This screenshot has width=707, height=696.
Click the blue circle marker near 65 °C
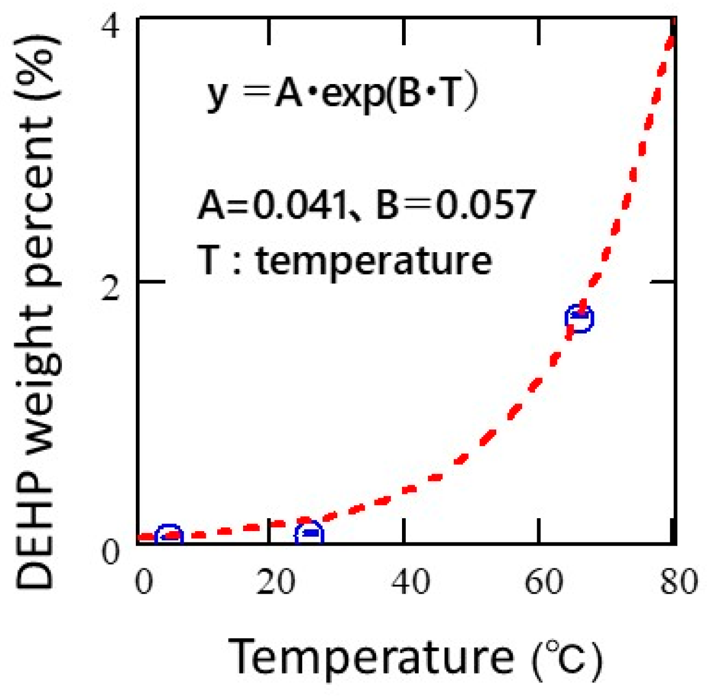pyautogui.click(x=579, y=318)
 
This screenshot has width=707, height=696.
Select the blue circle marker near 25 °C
pyautogui.click(x=309, y=534)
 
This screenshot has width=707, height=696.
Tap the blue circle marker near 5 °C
pyautogui.click(x=169, y=535)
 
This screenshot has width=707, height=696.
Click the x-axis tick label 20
pyautogui.click(x=275, y=582)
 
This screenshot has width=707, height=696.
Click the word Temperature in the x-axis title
pyautogui.click(x=371, y=657)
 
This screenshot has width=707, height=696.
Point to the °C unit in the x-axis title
pyautogui.click(x=566, y=658)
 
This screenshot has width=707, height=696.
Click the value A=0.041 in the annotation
pyautogui.click(x=272, y=205)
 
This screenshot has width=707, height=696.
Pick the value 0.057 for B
pyautogui.click(x=486, y=205)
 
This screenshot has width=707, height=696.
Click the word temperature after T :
pyautogui.click(x=373, y=261)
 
